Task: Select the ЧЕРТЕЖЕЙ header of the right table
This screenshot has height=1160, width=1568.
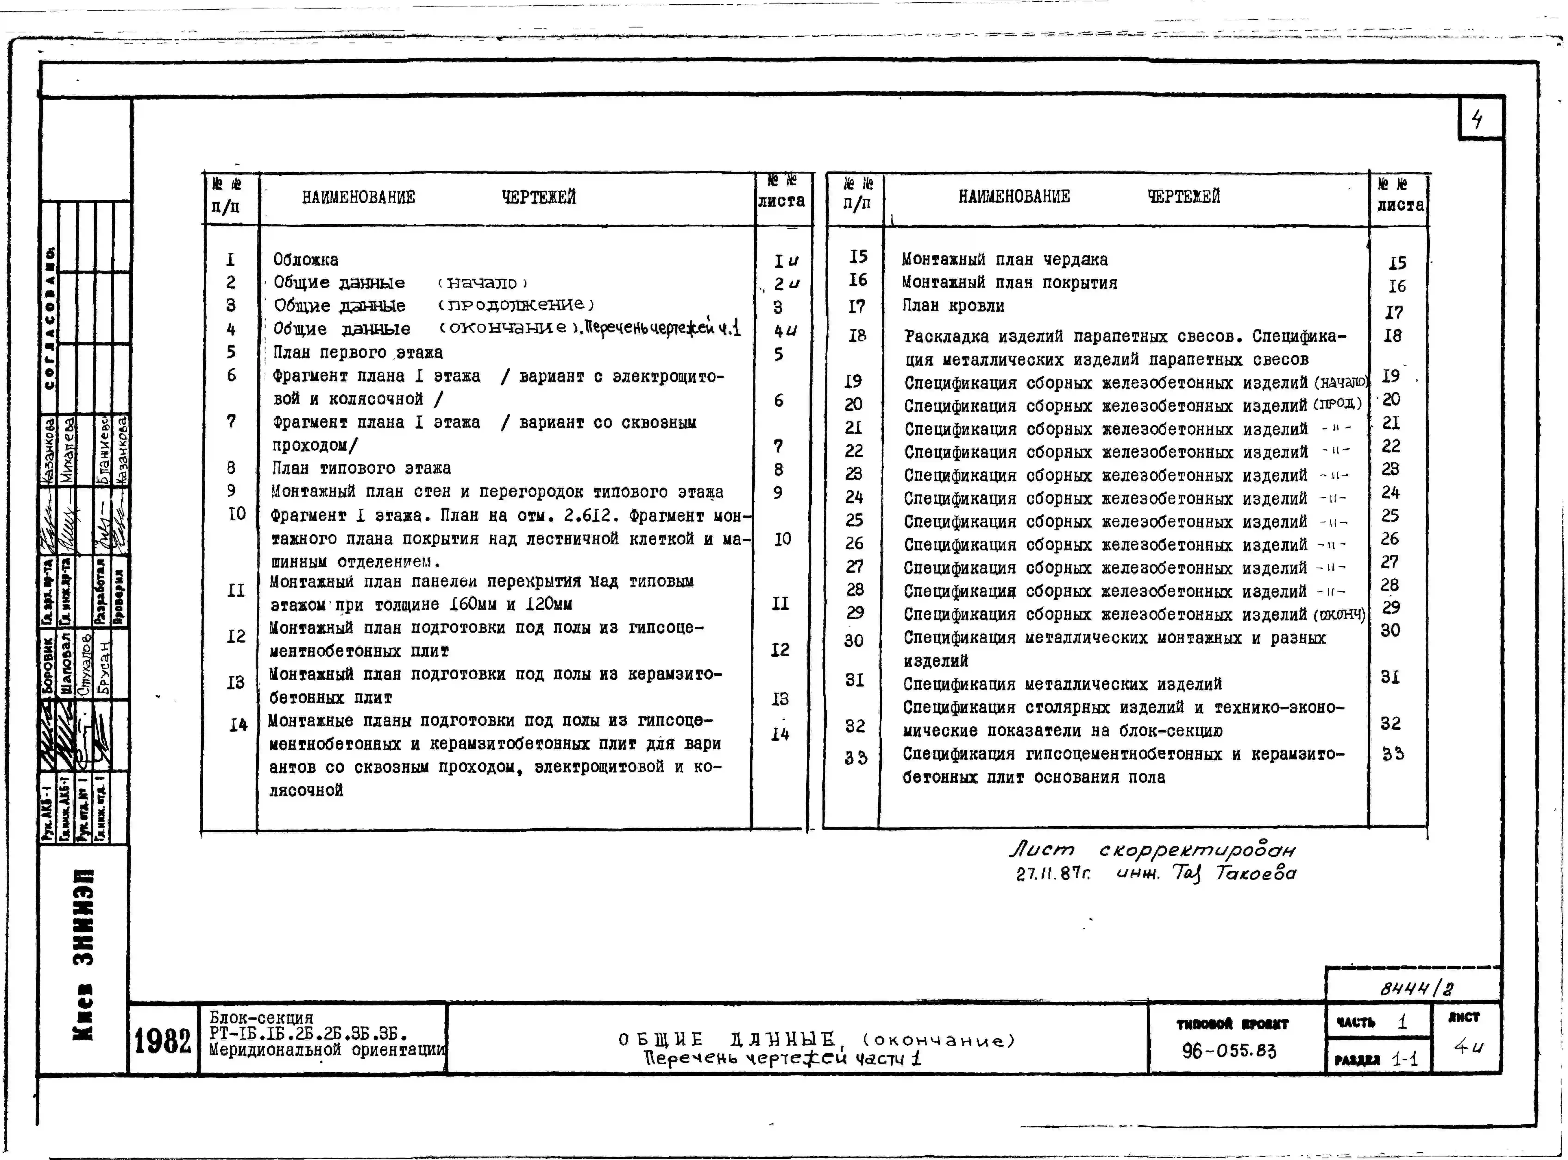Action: coord(1183,197)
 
